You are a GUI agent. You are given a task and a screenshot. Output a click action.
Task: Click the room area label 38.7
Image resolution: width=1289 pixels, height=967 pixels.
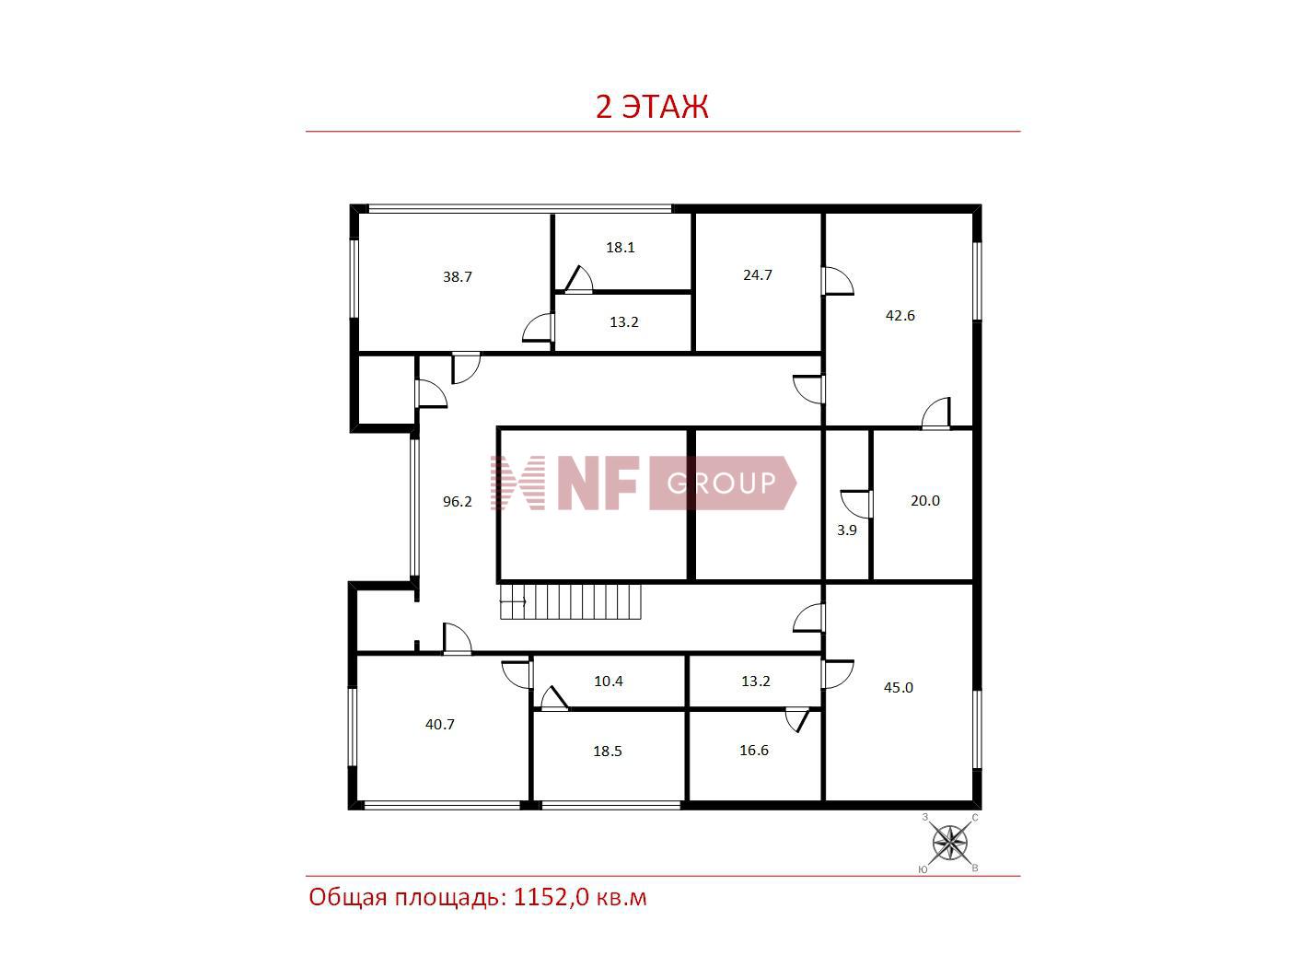click(457, 276)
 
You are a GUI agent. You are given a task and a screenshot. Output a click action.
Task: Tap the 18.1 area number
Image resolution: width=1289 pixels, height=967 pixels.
click(621, 247)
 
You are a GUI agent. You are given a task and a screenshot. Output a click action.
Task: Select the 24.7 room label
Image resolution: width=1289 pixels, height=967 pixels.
click(758, 274)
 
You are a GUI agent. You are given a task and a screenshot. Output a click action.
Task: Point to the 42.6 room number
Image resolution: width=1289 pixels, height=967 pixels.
click(900, 315)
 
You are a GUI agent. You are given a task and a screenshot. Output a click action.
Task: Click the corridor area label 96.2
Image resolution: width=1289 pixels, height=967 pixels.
click(457, 501)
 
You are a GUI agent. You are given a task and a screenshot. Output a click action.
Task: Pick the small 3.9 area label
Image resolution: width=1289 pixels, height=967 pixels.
click(847, 530)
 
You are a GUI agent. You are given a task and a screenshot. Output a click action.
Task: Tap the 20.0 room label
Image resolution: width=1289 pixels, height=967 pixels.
click(925, 501)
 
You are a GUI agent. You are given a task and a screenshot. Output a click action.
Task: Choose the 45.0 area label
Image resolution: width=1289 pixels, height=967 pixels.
click(899, 688)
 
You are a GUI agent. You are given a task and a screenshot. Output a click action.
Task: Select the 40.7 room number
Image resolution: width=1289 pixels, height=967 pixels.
click(440, 725)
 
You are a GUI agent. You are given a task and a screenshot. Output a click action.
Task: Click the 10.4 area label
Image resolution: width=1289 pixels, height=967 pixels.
click(609, 682)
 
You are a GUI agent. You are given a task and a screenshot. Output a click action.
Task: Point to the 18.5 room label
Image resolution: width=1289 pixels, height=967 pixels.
click(607, 751)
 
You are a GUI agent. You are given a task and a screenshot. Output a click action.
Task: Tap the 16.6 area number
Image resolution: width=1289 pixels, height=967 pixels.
click(754, 751)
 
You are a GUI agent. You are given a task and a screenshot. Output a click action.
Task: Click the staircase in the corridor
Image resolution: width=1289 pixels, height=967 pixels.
click(570, 601)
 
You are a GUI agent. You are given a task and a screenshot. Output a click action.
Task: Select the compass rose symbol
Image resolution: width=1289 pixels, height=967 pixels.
click(949, 844)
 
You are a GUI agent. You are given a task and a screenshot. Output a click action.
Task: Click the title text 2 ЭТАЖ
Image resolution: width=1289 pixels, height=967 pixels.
click(652, 107)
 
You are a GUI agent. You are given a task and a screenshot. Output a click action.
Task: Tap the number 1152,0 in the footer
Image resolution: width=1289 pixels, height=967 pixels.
click(552, 898)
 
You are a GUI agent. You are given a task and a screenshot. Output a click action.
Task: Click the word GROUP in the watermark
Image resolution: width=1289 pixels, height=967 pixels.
click(721, 483)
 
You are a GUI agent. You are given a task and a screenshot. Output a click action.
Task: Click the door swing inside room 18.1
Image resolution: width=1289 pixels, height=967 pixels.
click(579, 279)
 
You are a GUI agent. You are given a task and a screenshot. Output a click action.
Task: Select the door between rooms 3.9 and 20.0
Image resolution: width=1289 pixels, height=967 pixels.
click(856, 505)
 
